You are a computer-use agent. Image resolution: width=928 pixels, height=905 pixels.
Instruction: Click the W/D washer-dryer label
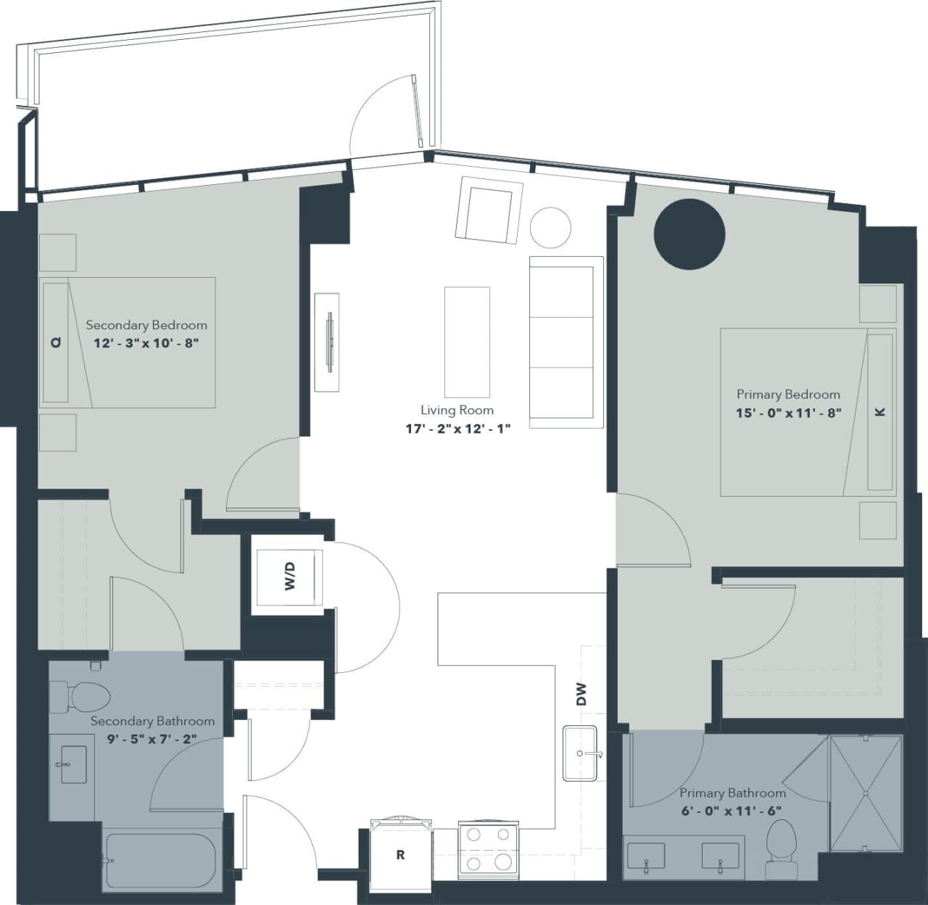(x=290, y=577)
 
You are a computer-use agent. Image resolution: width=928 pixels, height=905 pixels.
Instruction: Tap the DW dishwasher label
(x=581, y=695)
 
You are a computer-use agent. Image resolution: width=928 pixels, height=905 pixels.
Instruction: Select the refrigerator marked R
(x=400, y=856)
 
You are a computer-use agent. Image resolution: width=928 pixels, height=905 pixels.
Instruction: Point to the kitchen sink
(x=581, y=753)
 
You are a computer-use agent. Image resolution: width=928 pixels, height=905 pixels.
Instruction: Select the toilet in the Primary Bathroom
(x=780, y=848)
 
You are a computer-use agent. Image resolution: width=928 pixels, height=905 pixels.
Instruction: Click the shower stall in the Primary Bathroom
(x=866, y=793)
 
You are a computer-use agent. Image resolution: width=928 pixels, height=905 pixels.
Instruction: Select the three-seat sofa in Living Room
(x=566, y=342)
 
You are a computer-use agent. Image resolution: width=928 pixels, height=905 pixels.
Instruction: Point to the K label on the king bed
(x=880, y=412)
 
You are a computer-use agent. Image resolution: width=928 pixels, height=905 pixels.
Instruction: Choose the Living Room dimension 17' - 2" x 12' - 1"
(x=457, y=429)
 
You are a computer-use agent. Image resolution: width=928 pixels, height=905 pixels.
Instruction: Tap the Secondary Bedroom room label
(x=146, y=325)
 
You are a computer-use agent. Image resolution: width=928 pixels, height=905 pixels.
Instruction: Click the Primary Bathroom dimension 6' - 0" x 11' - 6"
(x=732, y=811)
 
